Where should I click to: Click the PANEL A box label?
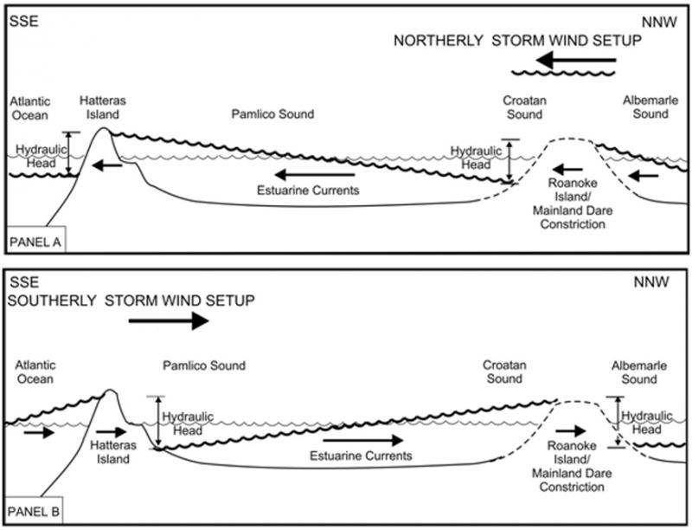click(33, 242)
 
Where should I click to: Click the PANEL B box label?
click(33, 512)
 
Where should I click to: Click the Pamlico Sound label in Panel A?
click(272, 113)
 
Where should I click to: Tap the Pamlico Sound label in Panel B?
click(204, 366)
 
